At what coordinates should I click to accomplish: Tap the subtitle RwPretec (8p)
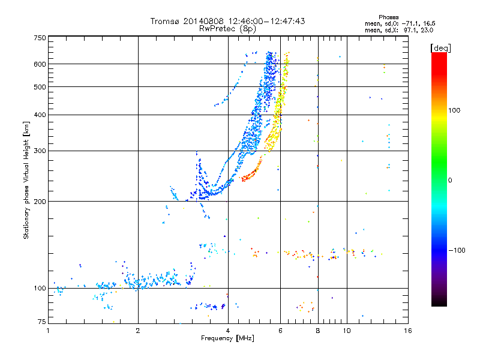(227, 29)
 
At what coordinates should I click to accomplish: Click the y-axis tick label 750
(40, 38)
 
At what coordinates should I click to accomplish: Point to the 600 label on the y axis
(40, 64)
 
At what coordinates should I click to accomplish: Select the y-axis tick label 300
(40, 151)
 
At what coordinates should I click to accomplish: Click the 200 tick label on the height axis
(40, 202)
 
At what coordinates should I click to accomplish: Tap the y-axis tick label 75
(42, 322)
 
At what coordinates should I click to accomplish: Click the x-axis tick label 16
(408, 331)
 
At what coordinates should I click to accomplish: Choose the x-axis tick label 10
(347, 331)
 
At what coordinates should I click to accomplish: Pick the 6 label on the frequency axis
(280, 331)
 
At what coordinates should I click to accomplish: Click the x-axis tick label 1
(49, 331)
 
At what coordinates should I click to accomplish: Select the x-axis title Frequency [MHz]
(228, 338)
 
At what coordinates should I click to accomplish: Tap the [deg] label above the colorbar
(440, 48)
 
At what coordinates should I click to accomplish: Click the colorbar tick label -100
(457, 250)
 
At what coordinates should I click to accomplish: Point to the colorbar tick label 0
(450, 181)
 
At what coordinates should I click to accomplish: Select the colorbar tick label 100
(454, 110)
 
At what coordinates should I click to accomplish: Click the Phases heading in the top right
(388, 17)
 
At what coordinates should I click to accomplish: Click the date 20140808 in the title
(203, 21)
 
